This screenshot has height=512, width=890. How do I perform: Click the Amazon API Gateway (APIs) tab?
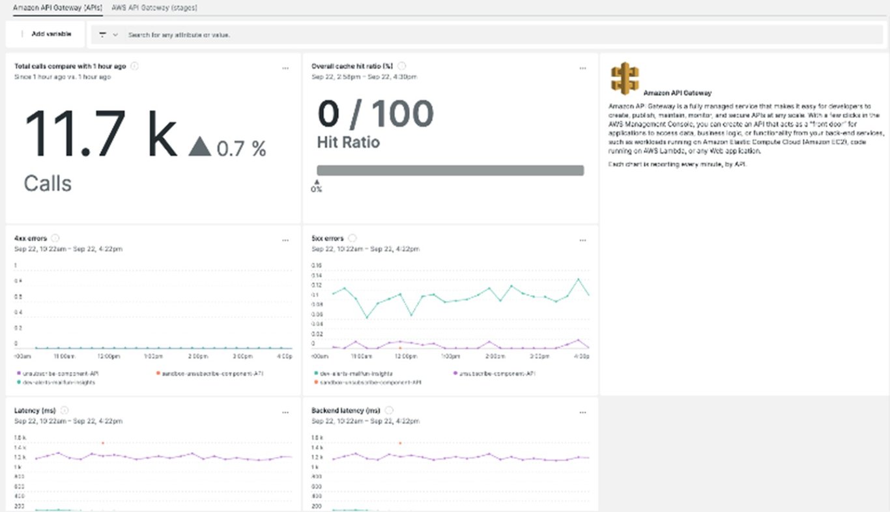(57, 8)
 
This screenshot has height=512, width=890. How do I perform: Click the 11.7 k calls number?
(101, 133)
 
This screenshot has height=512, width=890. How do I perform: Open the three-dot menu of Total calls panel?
(285, 68)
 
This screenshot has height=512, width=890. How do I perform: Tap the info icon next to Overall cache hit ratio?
(402, 66)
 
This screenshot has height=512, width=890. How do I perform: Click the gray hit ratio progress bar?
(450, 170)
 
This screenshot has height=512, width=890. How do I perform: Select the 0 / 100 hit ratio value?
(375, 114)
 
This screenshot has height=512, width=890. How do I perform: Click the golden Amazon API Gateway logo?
(625, 79)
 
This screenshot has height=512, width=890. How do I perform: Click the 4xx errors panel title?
(31, 238)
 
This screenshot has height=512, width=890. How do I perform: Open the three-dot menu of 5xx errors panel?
(582, 240)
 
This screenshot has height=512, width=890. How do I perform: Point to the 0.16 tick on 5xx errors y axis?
(317, 266)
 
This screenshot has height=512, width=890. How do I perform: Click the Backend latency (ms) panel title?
(346, 410)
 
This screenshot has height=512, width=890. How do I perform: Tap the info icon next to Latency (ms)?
(64, 410)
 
